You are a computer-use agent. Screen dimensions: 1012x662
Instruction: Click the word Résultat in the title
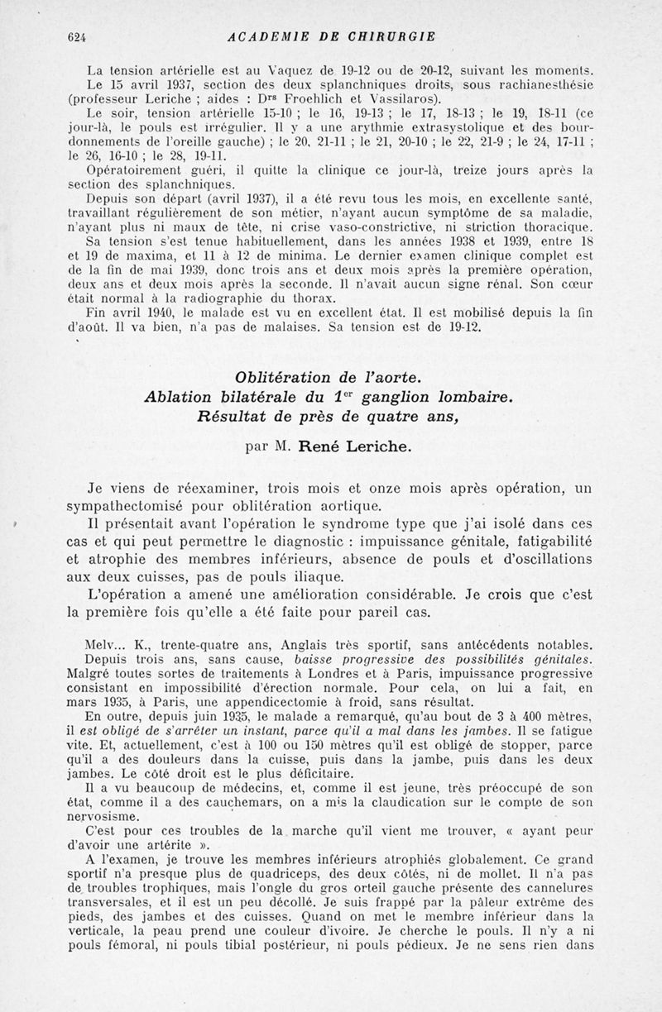click(235, 418)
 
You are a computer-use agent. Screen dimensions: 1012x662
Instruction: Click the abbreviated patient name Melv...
click(102, 645)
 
